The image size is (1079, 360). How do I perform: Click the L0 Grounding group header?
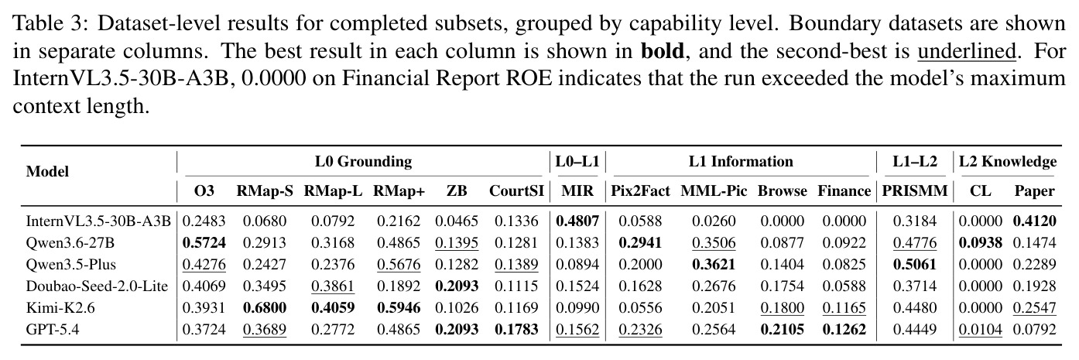[x=363, y=162]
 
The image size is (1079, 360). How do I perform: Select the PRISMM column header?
[x=914, y=191]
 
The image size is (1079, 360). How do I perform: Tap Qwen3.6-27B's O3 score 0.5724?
[x=204, y=242]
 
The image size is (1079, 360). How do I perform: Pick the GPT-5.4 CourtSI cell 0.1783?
[x=516, y=329]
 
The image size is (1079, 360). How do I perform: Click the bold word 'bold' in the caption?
[x=662, y=50]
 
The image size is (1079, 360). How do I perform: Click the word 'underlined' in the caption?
[x=966, y=50]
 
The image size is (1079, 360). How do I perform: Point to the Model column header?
[x=47, y=172]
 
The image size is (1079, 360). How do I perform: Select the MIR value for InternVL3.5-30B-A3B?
[x=577, y=221]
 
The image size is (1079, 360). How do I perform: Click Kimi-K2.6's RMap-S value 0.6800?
[x=265, y=307]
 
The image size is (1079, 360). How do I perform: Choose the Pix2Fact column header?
[x=640, y=191]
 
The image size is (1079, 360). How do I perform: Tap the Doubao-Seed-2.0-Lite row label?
[x=97, y=286]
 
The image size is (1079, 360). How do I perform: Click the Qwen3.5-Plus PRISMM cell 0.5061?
[x=914, y=264]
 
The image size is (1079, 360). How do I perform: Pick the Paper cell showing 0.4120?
[x=1034, y=221]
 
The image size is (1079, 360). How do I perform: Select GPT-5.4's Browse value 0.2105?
[x=782, y=329]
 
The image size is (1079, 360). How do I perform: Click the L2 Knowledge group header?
[x=1008, y=162]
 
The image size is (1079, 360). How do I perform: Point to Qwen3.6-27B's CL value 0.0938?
[x=980, y=242]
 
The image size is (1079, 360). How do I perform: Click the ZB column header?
[x=457, y=191]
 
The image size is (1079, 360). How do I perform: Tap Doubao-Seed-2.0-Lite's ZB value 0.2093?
[x=457, y=286]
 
